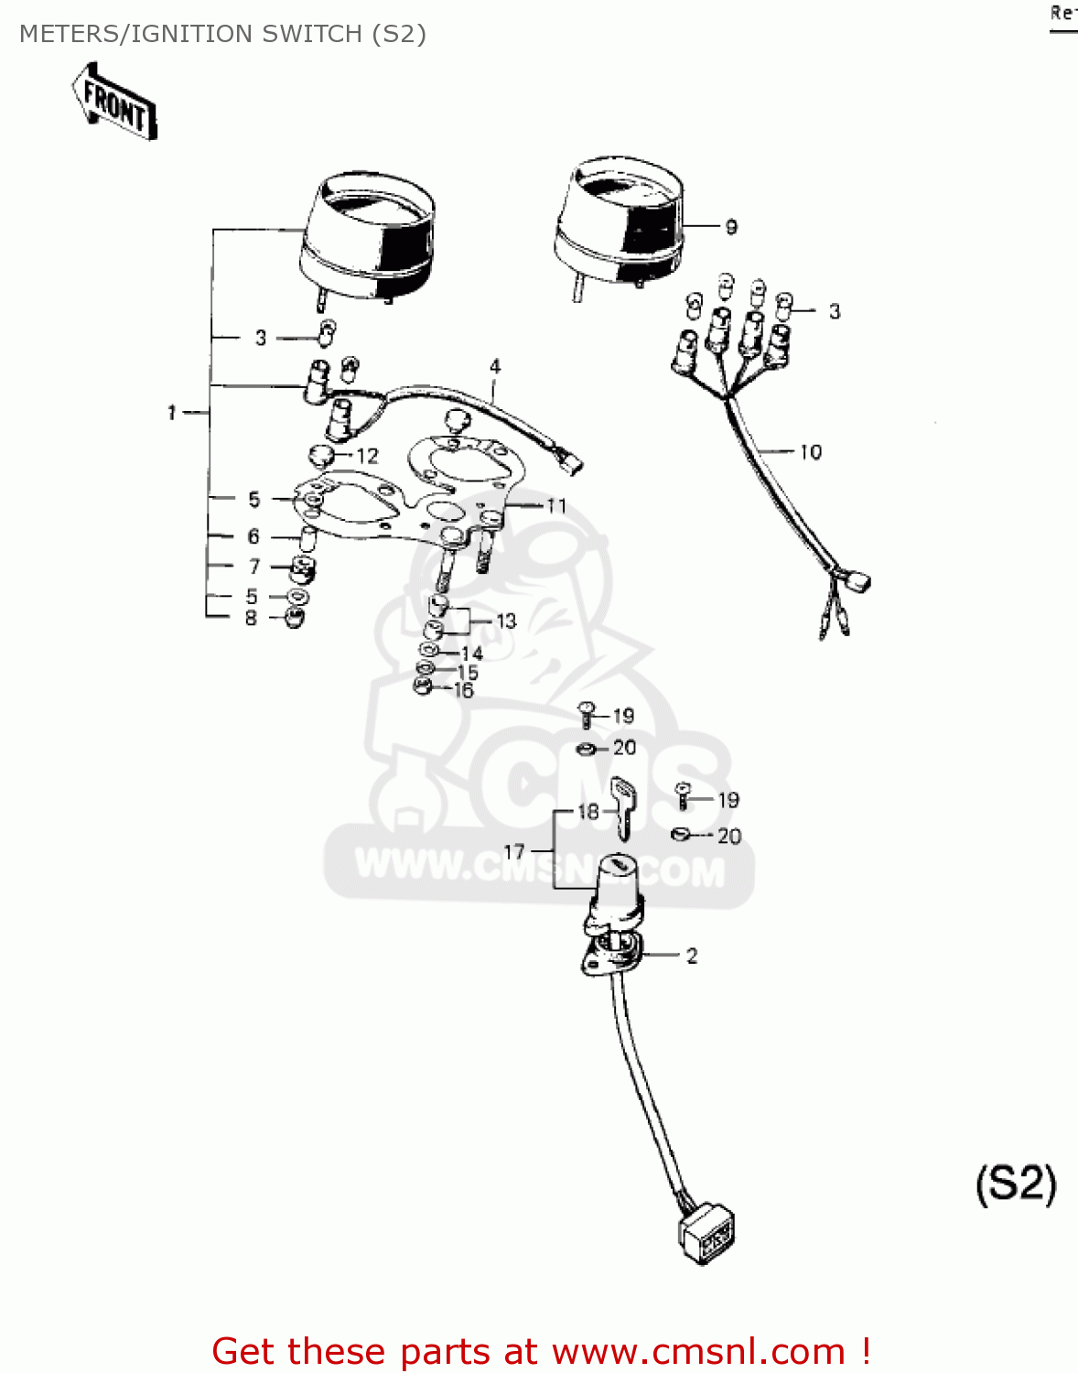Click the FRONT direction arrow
coord(114,102)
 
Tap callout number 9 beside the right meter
coord(731,226)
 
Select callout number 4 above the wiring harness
coord(495,366)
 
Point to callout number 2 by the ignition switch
coord(692,956)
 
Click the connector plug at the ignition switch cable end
coord(707,1236)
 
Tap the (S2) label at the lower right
coord(1016,1184)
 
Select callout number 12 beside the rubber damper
coord(367,456)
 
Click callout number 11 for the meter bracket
coord(556,505)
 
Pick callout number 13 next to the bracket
coord(506,621)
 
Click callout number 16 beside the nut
coord(464,691)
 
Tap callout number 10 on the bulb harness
coord(811,452)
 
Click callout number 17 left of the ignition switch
coord(514,851)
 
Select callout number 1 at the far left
coord(171,413)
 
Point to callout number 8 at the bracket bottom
coord(251,618)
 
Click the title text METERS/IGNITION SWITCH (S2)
coord(222,34)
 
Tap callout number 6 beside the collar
coord(253,536)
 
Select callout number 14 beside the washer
coord(472,653)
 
